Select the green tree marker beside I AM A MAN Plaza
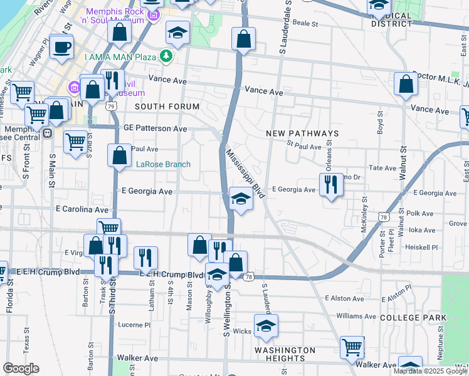(x=166, y=56)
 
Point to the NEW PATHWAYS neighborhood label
(x=302, y=133)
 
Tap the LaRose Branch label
(x=164, y=165)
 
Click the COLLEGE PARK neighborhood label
(x=412, y=318)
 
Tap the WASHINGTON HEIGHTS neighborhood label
(x=285, y=354)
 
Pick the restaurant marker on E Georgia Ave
(x=331, y=184)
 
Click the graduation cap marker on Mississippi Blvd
(x=241, y=199)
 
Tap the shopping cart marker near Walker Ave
(x=352, y=347)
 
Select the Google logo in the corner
(x=21, y=368)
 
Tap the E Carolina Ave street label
(x=82, y=209)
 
